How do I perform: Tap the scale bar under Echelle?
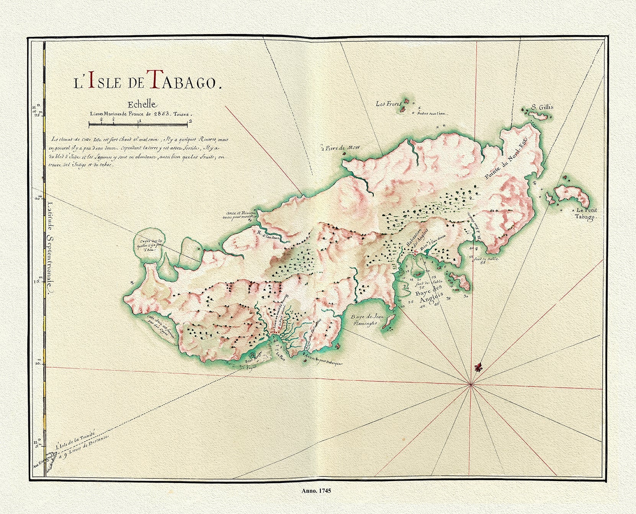tap(138, 123)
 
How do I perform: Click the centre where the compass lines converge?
tap(471, 384)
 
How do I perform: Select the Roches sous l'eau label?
tap(432, 113)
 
